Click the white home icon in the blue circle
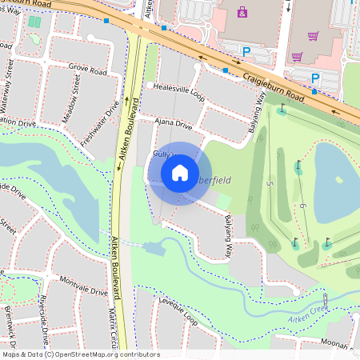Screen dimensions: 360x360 pyautogui.click(x=180, y=172)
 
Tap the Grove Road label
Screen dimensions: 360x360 pyautogui.click(x=88, y=71)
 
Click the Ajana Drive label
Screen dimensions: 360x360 pyautogui.click(x=173, y=125)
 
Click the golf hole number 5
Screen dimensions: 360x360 pyautogui.click(x=270, y=185)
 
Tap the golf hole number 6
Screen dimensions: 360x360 pyautogui.click(x=305, y=207)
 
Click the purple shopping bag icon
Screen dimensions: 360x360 pyautogui.click(x=243, y=12)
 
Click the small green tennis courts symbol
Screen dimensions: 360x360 pyautogui.click(x=34, y=21)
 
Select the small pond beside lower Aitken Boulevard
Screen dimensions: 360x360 pyautogui.click(x=155, y=247)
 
